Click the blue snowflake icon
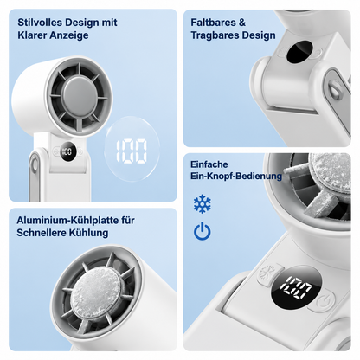[x=202, y=203]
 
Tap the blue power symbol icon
[x=202, y=231]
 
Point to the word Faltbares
[x=212, y=22]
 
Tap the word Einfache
[x=209, y=164]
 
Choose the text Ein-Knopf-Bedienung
[x=236, y=176]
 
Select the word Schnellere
[x=38, y=233]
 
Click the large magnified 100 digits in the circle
[x=132, y=151]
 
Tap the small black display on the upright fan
[x=67, y=151]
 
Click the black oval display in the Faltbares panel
[x=299, y=52]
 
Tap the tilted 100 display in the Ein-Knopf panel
[x=296, y=287]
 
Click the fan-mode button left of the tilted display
[x=267, y=274]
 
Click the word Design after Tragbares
[x=259, y=35]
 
